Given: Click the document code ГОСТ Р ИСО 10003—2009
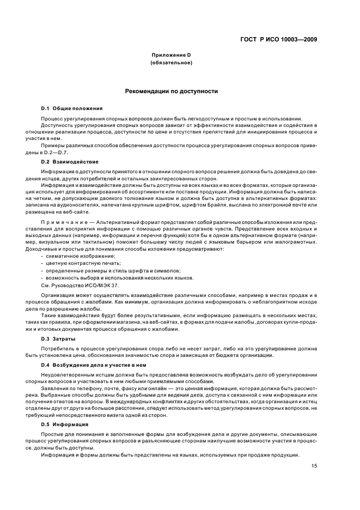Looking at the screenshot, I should coord(278,39).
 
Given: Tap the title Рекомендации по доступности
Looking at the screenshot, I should coord(172,91).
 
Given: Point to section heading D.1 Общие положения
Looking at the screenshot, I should coord(72,108).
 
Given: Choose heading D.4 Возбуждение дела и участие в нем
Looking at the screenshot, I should coord(90,365).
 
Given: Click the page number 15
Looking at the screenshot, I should coord(314,465).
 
